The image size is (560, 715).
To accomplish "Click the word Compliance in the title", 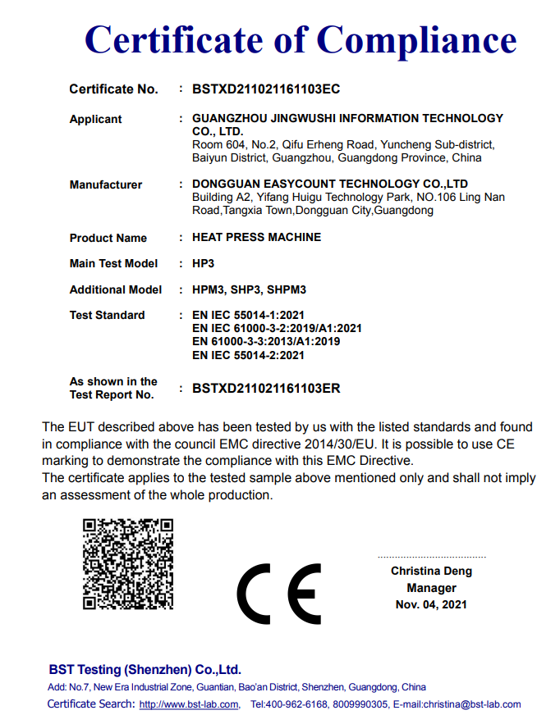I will click(417, 39).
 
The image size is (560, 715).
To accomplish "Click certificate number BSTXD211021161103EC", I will click(265, 89).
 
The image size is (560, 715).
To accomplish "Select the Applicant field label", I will click(95, 119).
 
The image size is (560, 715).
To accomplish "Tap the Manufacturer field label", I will click(105, 184).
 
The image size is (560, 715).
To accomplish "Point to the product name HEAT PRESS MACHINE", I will click(256, 237).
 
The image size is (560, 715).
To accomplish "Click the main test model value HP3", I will click(203, 263).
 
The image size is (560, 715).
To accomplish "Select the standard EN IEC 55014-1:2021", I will click(248, 315).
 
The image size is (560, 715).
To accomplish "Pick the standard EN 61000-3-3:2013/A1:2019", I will click(265, 341).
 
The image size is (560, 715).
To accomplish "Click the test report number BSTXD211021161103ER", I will click(265, 388).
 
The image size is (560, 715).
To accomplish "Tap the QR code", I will click(128, 563).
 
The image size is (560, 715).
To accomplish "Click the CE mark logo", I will click(279, 594).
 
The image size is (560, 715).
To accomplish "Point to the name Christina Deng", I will click(431, 571).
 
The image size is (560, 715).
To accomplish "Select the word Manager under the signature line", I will click(431, 588).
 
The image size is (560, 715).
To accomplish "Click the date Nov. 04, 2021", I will click(431, 604).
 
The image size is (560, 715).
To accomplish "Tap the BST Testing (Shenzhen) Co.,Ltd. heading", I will click(145, 669).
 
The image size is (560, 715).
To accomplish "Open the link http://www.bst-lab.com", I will click(189, 704).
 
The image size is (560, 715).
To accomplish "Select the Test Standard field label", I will click(107, 315).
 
